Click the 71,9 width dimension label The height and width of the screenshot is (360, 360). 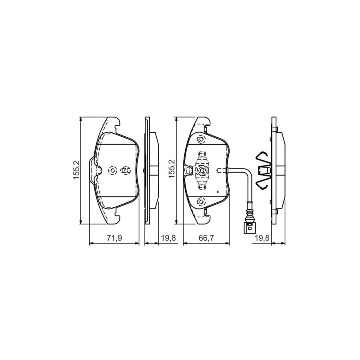click(x=114, y=238)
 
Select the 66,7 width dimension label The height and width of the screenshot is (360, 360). click(x=206, y=238)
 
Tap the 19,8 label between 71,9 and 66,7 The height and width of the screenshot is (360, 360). click(x=168, y=238)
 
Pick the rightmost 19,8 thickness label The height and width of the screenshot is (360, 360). click(x=262, y=238)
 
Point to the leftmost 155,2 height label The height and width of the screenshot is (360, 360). click(x=76, y=170)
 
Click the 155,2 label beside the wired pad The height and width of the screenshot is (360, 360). click(x=172, y=169)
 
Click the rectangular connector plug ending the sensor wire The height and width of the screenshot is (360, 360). click(x=249, y=228)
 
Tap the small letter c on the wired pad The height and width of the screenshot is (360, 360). click(x=218, y=191)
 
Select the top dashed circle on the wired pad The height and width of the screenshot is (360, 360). click(x=201, y=139)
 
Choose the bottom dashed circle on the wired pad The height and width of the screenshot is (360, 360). click(x=201, y=201)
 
